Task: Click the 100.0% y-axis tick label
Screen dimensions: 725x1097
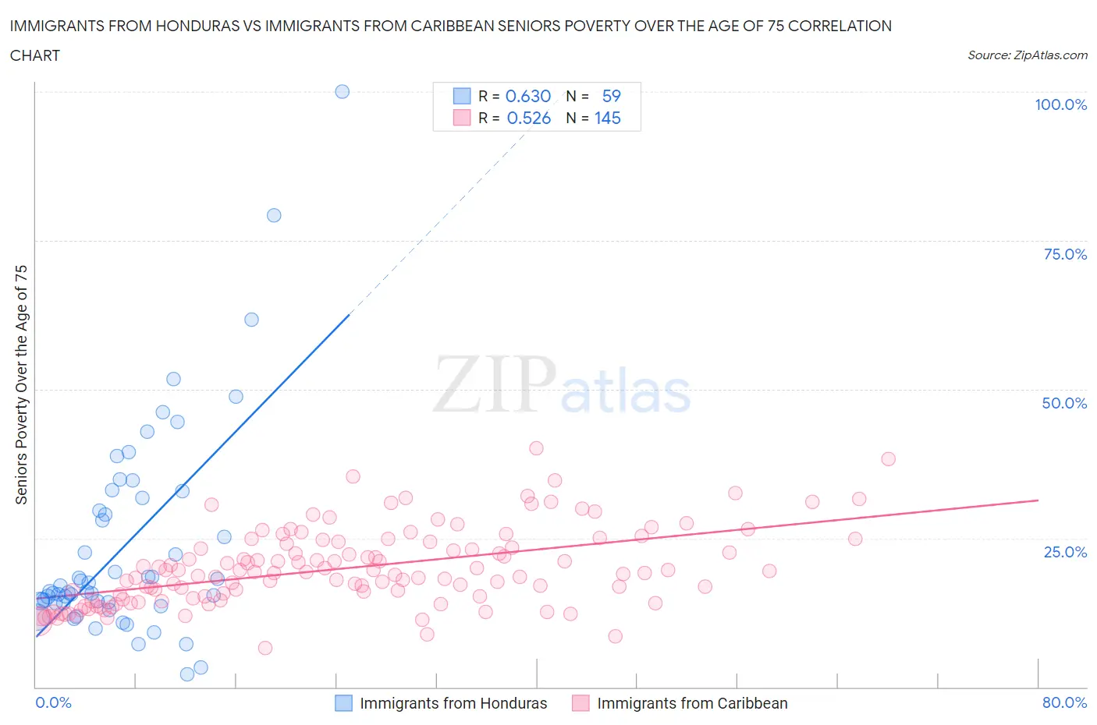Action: click(1060, 104)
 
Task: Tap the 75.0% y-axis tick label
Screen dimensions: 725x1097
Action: click(1065, 254)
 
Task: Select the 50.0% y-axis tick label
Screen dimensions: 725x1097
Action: click(1064, 403)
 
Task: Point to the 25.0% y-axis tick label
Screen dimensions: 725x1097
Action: click(1065, 552)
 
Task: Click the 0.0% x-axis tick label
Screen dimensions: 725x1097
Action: click(53, 702)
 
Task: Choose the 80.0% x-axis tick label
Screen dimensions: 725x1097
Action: click(1064, 702)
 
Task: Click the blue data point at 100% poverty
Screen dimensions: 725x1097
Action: click(342, 91)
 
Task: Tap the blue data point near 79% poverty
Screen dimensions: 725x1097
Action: click(274, 215)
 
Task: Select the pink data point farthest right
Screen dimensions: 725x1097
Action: click(888, 458)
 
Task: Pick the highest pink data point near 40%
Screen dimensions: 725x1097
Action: click(536, 448)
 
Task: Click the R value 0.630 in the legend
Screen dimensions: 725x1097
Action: click(528, 96)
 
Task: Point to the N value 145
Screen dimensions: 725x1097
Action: click(608, 118)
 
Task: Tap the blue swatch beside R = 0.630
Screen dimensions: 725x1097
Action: click(462, 96)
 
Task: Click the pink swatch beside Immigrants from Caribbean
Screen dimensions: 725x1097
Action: click(580, 703)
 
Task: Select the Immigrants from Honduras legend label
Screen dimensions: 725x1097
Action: click(453, 703)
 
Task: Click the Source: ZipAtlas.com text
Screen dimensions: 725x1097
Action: click(1027, 55)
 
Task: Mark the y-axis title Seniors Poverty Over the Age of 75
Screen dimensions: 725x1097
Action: click(21, 384)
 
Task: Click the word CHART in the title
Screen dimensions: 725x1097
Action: click(35, 55)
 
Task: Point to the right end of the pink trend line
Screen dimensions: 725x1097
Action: click(1038, 500)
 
